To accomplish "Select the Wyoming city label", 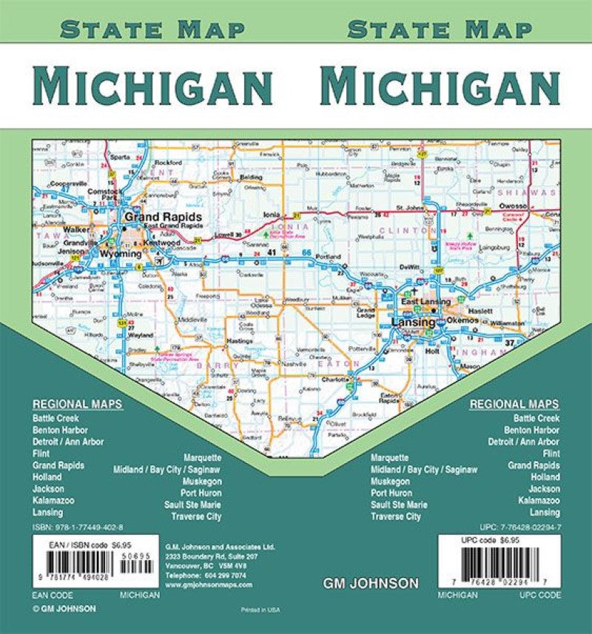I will click(x=120, y=254).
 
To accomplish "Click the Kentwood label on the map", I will click(x=164, y=242).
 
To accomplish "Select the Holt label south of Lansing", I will click(x=431, y=351).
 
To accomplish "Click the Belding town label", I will click(x=251, y=178).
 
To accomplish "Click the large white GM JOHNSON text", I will click(x=371, y=584).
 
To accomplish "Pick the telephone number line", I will click(x=206, y=574).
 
